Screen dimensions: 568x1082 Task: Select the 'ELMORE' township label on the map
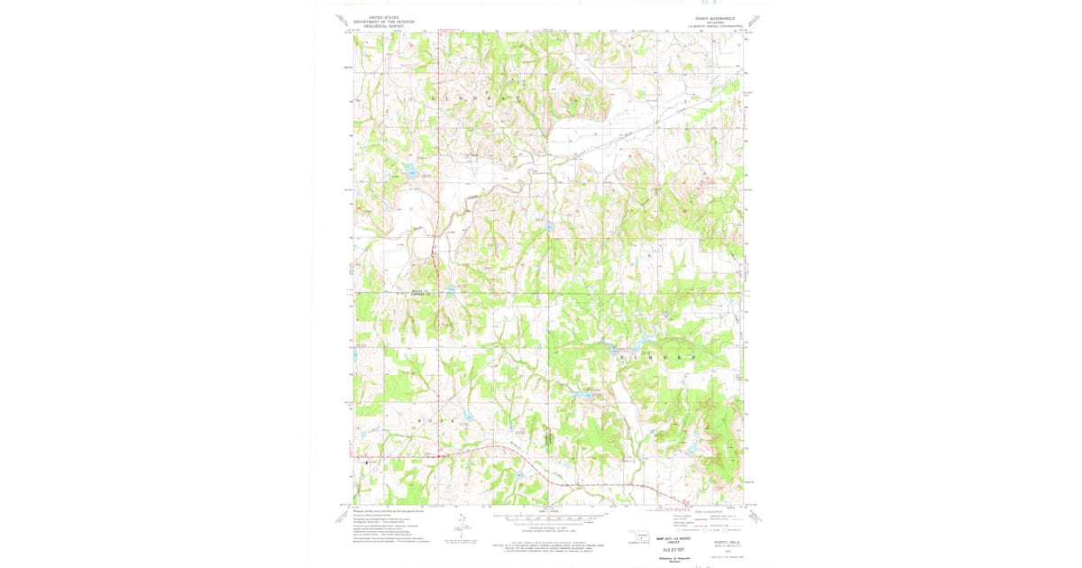coord(657,359)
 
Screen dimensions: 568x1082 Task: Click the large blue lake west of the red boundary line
coord(409,170)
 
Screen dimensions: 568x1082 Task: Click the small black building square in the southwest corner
coord(366,463)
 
